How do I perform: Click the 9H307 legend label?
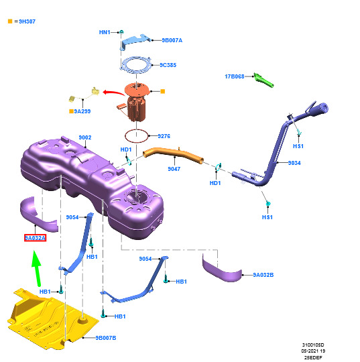pos(27,21)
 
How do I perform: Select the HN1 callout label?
pos(105,32)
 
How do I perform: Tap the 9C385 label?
pos(168,65)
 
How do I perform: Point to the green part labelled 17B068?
pos(263,80)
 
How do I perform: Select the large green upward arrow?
pos(36,267)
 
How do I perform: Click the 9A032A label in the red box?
pos(35,238)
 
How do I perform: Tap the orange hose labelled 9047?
pos(173,154)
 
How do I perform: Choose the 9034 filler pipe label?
pos(294,163)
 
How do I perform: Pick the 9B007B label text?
pos(106,338)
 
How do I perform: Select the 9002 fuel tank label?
pos(85,137)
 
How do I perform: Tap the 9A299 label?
pos(82,111)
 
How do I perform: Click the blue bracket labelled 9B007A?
pos(135,41)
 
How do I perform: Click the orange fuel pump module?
pos(136,102)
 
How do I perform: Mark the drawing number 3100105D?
pos(313,345)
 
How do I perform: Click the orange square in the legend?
pos(10,21)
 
